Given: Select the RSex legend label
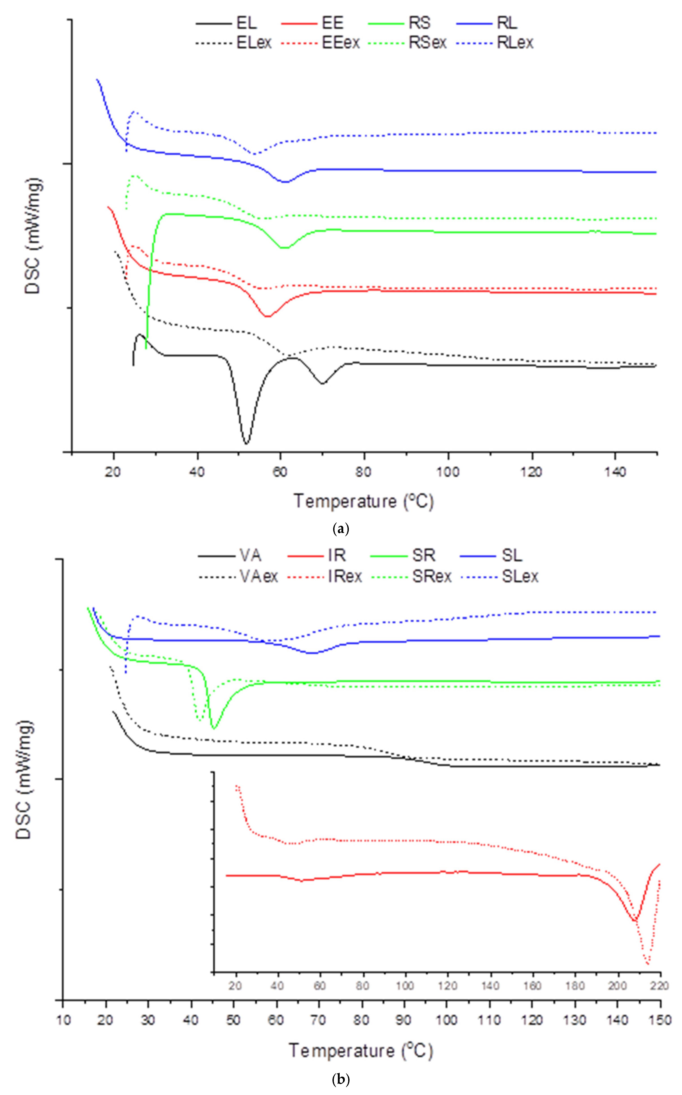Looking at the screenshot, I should (427, 43).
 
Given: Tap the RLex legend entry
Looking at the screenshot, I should (515, 43).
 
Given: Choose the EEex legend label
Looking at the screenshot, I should (341, 43).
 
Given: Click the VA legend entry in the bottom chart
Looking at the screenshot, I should (250, 556).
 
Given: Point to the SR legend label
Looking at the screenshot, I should (423, 556).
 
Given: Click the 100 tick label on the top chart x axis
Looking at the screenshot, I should (448, 472).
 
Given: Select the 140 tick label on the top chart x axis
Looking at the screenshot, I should (615, 472).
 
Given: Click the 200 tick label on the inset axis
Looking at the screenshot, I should (617, 986).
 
